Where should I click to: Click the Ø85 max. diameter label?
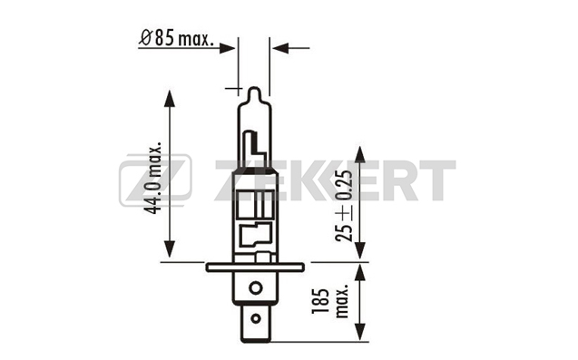[176, 39]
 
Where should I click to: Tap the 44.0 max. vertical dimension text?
[153, 177]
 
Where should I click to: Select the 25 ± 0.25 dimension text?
[344, 206]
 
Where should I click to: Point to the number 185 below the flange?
[320, 301]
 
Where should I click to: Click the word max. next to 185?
[342, 301]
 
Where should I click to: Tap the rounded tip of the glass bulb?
[254, 92]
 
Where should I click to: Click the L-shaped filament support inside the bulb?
[255, 144]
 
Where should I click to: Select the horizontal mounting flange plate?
[255, 268]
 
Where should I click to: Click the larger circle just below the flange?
[256, 287]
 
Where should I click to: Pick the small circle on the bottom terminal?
[256, 318]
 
